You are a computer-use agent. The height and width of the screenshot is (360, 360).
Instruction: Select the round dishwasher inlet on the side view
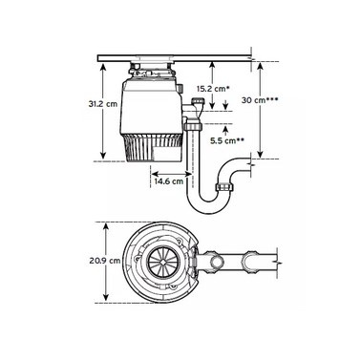[198, 102]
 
